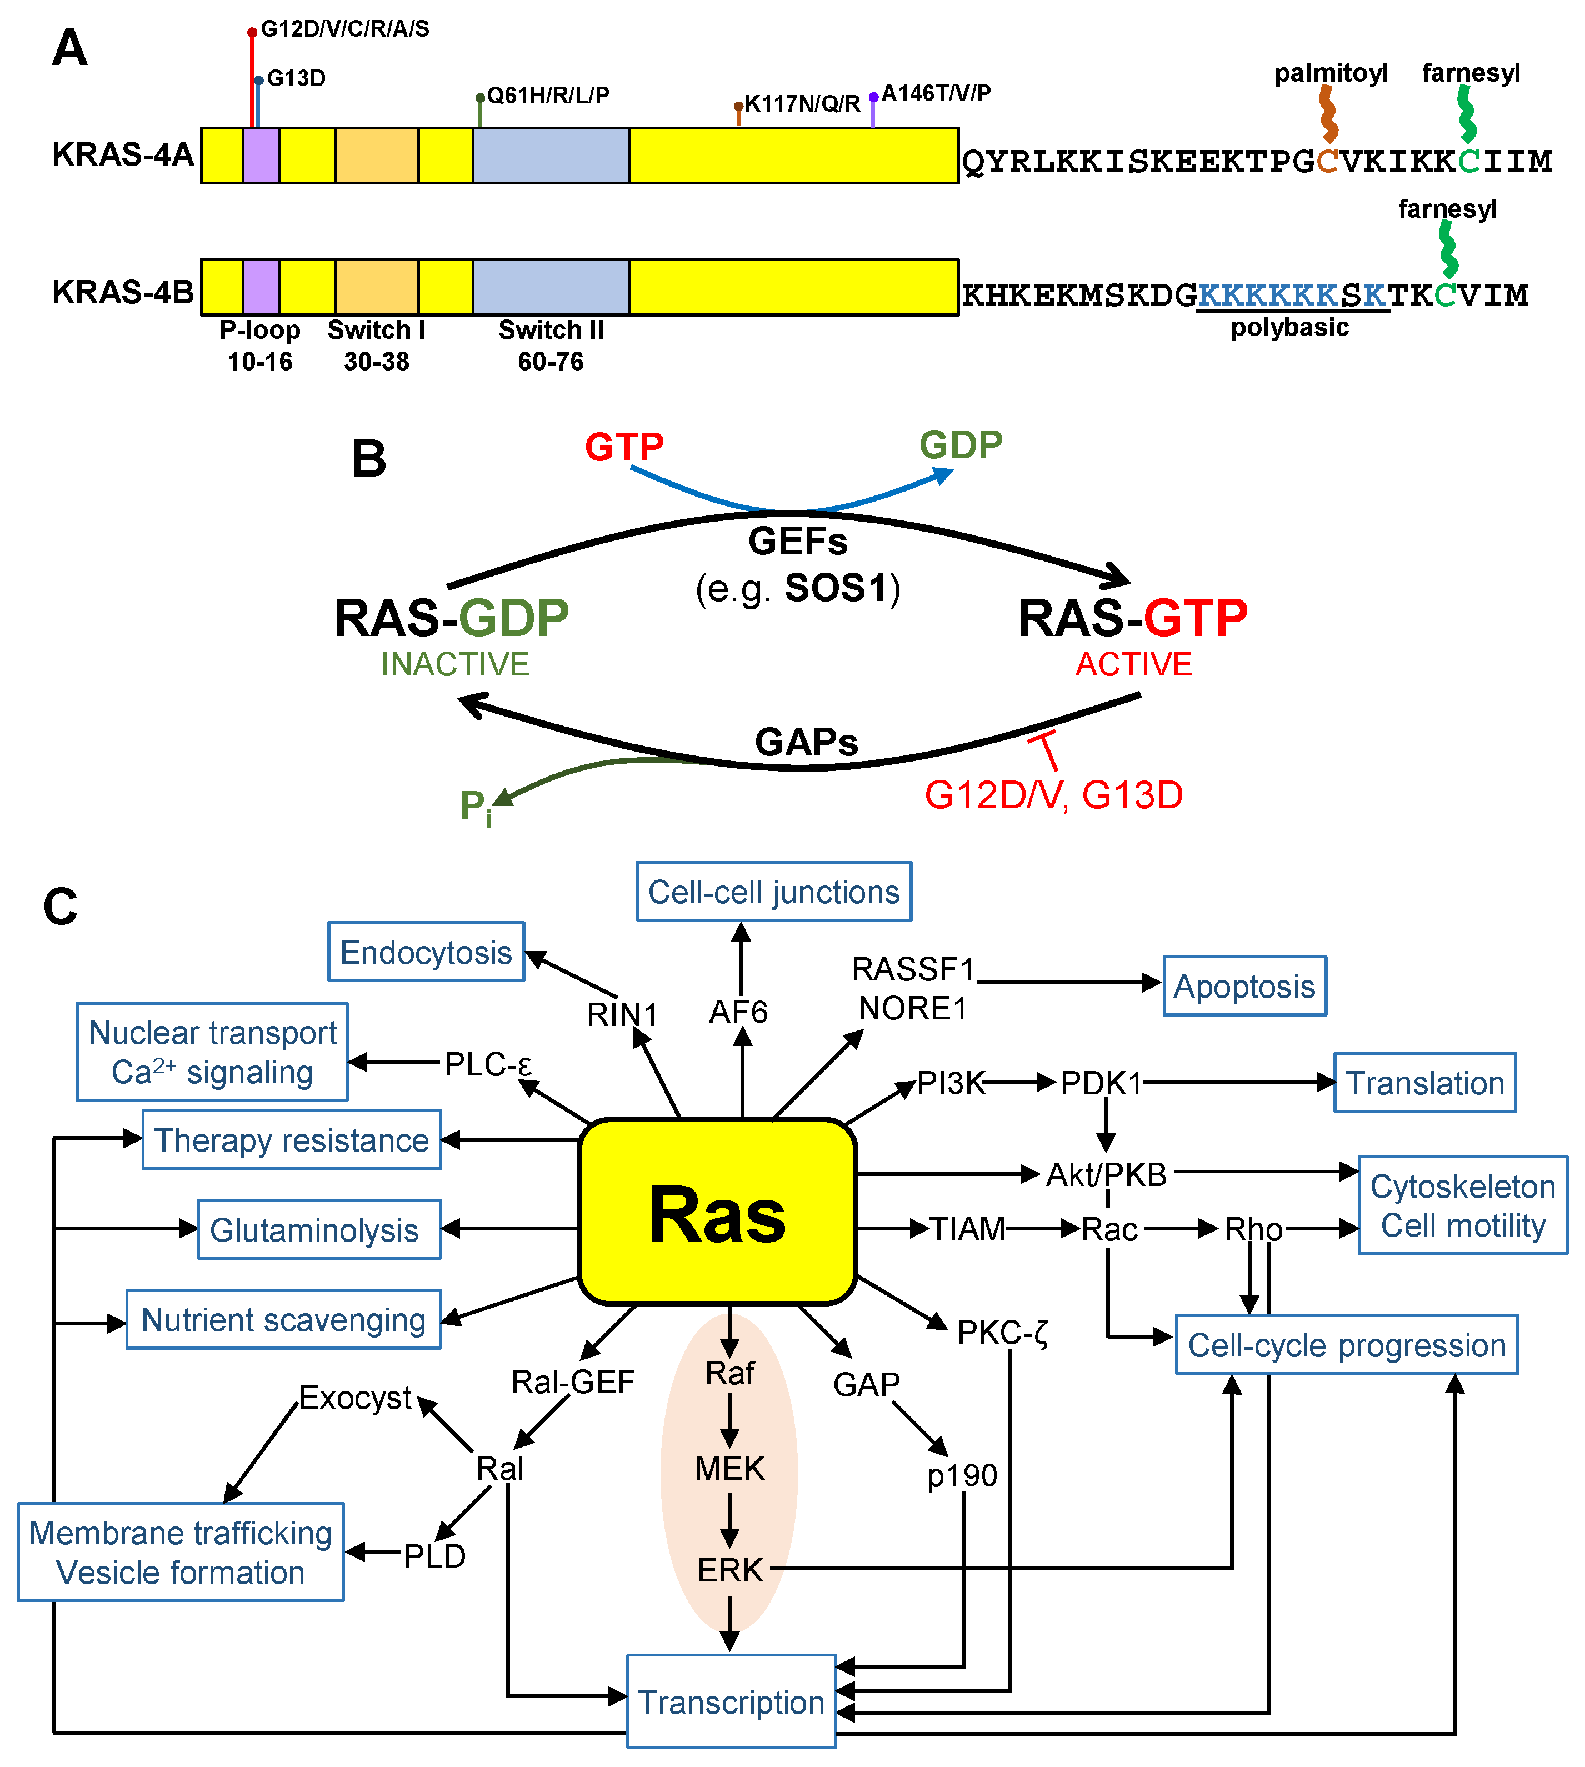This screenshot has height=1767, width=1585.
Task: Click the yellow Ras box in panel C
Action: tap(717, 1212)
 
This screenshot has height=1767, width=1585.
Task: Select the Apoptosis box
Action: tap(1244, 987)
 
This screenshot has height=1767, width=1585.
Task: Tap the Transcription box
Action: tap(731, 1701)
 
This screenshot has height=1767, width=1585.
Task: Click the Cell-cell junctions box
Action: tap(773, 892)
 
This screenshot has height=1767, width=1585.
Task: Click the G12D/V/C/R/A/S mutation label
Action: tap(345, 29)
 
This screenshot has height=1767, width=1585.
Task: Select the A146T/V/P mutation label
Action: tap(936, 93)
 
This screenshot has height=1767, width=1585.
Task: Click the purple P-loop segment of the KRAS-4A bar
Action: tap(261, 155)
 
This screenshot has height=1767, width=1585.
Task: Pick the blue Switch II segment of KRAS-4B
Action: tap(551, 287)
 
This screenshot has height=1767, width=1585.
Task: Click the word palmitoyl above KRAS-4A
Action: tap(1330, 73)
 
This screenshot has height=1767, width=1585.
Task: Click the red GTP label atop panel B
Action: tap(623, 447)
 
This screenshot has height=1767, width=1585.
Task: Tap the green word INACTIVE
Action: tap(454, 664)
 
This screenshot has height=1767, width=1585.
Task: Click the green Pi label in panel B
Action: tap(476, 807)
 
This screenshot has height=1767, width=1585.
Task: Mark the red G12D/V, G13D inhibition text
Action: tap(1053, 795)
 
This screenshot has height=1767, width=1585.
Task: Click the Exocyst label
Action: tap(354, 1398)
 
